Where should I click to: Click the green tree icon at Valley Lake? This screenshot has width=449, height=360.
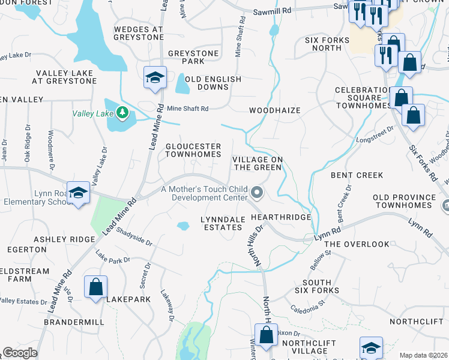click(122, 112)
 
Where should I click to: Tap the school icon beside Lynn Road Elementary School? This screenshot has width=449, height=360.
click(77, 193)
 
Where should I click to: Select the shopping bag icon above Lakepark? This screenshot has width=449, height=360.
click(95, 287)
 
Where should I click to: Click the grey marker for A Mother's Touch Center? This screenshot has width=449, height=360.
click(257, 193)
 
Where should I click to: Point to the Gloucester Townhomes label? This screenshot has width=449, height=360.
click(193, 150)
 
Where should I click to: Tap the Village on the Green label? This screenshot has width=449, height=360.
click(257, 163)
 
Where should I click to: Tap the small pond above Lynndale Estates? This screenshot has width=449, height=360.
click(182, 226)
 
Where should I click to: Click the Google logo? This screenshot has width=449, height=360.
click(20, 353)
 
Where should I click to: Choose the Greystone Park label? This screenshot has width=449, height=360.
click(193, 57)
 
